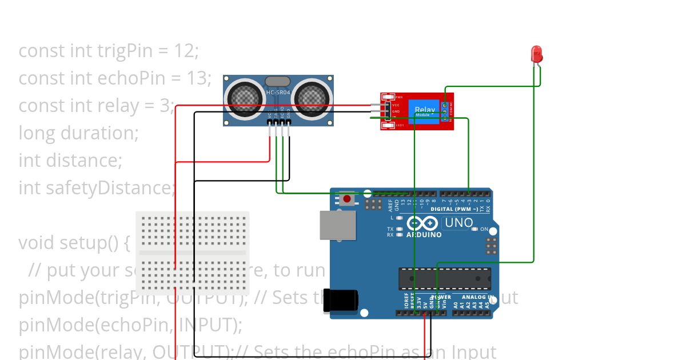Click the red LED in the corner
click(537, 55)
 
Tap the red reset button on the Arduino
click(346, 199)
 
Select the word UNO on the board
click(458, 223)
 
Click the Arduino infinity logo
click(424, 224)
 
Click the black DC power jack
click(341, 301)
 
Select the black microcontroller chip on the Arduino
click(444, 278)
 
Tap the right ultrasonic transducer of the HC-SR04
click(312, 97)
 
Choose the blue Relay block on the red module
click(425, 110)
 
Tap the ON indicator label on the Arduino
click(484, 229)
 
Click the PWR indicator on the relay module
click(399, 97)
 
